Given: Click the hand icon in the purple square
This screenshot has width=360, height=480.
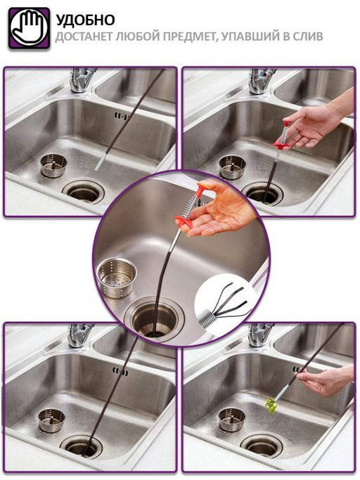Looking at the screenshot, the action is pos(29,28).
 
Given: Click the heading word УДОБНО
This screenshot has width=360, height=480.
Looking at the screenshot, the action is pos(86,20).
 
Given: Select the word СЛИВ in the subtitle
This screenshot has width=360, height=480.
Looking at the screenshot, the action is pos(307,37).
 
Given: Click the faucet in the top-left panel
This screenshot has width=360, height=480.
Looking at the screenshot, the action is pos(81,79).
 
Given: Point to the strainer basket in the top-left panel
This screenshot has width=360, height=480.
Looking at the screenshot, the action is pos(53,165).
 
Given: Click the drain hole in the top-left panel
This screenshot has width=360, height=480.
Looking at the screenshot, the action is pos(84,192).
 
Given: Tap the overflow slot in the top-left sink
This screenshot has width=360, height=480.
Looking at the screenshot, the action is pos(121,116).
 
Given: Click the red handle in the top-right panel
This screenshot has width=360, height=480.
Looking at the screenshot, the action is pos(283,136).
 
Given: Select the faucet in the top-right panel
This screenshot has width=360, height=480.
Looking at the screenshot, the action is pos(260,80).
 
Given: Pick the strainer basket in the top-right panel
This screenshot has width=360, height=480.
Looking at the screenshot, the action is pos(232,167).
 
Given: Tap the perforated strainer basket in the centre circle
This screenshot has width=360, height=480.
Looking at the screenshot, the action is pos(116,278).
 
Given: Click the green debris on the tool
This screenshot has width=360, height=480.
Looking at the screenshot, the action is pos(271,406).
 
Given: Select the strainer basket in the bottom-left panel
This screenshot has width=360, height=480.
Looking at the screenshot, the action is pos(51,420).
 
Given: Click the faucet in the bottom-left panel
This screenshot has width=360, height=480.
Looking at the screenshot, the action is pos(79,335).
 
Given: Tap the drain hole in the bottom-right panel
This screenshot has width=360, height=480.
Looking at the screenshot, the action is pos(262,446).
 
